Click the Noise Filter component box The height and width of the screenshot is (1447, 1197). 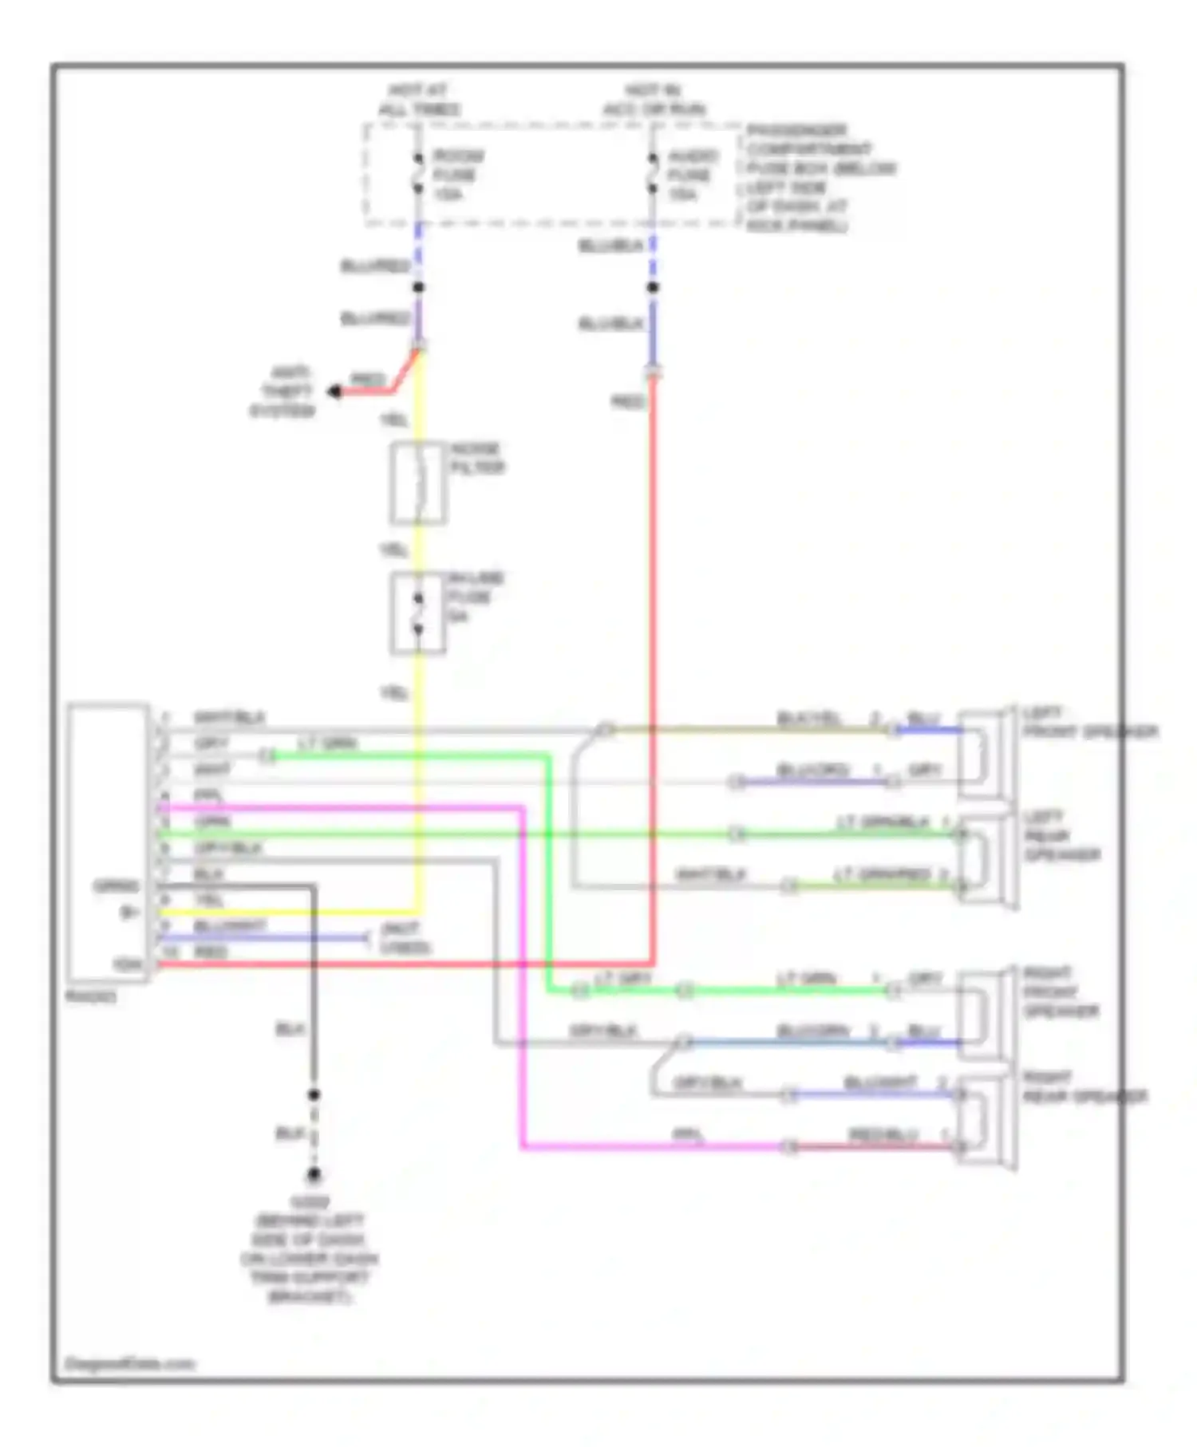[418, 483]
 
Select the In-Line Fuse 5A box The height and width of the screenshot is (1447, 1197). [418, 613]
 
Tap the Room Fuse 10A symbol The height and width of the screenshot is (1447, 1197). [417, 174]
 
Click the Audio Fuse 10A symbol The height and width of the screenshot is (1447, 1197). [653, 174]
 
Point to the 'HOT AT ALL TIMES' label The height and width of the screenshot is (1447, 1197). [418, 100]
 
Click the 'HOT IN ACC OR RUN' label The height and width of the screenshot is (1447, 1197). [654, 100]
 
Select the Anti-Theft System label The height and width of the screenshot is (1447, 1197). [284, 392]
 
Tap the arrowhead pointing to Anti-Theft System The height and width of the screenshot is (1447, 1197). [335, 392]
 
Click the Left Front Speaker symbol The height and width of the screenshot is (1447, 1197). [986, 754]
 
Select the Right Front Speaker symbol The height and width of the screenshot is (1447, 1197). [986, 1015]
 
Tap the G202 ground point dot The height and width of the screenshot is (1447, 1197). [314, 1175]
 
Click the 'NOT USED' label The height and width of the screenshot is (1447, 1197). [405, 938]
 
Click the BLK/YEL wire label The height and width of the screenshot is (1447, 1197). [808, 719]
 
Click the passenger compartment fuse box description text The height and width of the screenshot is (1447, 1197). [820, 178]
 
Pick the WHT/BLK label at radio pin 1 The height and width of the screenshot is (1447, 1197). [228, 717]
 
